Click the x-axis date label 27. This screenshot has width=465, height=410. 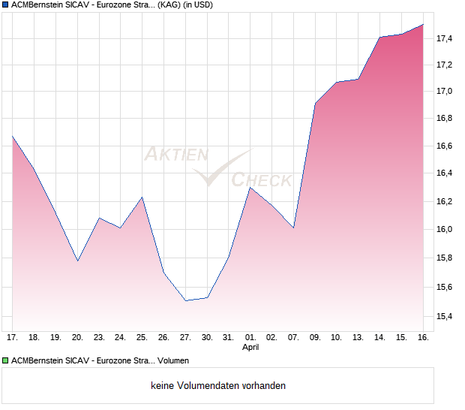185,338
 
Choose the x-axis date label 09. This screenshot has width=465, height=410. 315,338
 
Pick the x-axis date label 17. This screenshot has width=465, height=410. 13,338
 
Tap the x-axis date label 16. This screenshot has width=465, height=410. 423,338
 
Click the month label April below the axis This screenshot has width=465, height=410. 250,348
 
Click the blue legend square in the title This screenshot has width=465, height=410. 5,5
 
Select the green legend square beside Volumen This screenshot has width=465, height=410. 5,360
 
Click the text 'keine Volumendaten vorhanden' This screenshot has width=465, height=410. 218,386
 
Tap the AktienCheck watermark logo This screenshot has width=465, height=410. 217,167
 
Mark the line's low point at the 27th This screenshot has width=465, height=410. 185,300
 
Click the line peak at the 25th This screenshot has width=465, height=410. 142,197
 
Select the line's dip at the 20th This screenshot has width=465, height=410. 77,261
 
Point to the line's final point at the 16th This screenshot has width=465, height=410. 423,25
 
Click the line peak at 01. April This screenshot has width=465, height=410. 250,188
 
